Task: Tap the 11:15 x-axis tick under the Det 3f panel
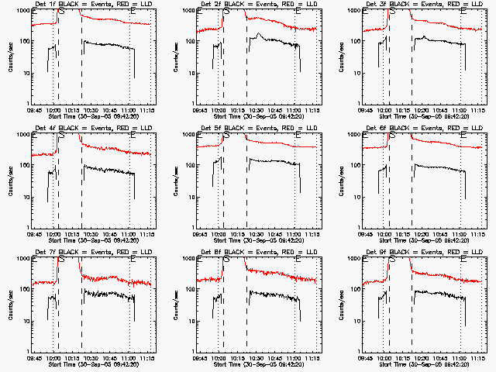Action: click(477, 111)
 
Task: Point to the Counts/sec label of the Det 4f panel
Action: click(10, 181)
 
